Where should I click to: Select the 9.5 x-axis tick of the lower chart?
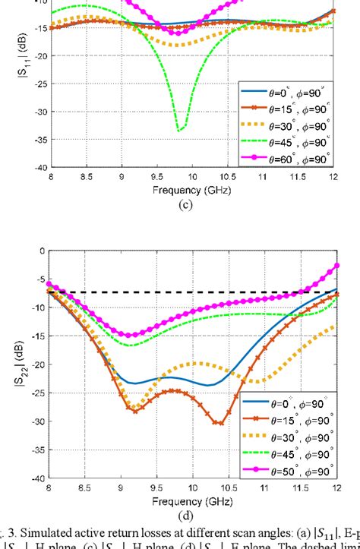(156, 488)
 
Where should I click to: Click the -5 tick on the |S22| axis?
(38, 279)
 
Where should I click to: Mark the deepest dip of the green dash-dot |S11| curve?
(179, 131)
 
